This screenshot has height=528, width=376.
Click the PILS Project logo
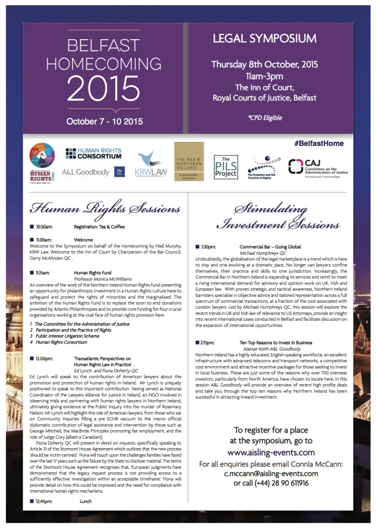(226, 167)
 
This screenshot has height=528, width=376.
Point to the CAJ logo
(317, 166)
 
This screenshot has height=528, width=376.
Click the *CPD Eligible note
(265, 118)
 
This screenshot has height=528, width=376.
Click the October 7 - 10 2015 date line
(105, 122)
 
